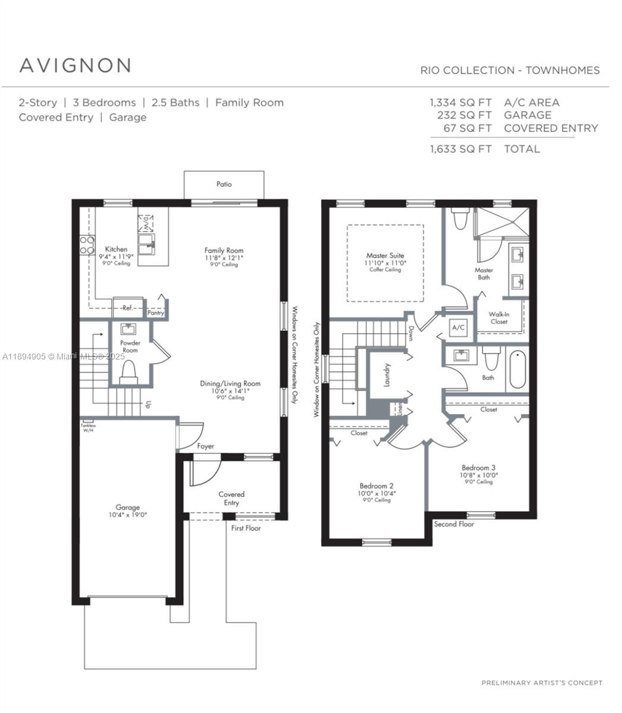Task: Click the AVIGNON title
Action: [x=76, y=65]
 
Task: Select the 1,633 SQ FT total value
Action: [x=461, y=149]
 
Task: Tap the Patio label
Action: [x=224, y=184]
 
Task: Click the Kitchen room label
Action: [x=116, y=249]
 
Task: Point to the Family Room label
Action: [x=224, y=250]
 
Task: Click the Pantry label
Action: [x=156, y=313]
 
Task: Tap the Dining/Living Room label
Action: [x=230, y=384]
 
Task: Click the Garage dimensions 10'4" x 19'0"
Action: [x=128, y=515]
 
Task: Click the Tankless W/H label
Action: [x=88, y=427]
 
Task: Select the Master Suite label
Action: [x=385, y=255]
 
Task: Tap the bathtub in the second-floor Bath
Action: [x=517, y=369]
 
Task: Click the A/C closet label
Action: [x=458, y=327]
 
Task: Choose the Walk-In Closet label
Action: [x=499, y=318]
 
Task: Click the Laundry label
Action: [x=387, y=375]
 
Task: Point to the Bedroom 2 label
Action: [x=376, y=485]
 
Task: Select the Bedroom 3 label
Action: [x=478, y=468]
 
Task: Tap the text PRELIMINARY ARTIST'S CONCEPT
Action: [x=542, y=683]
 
